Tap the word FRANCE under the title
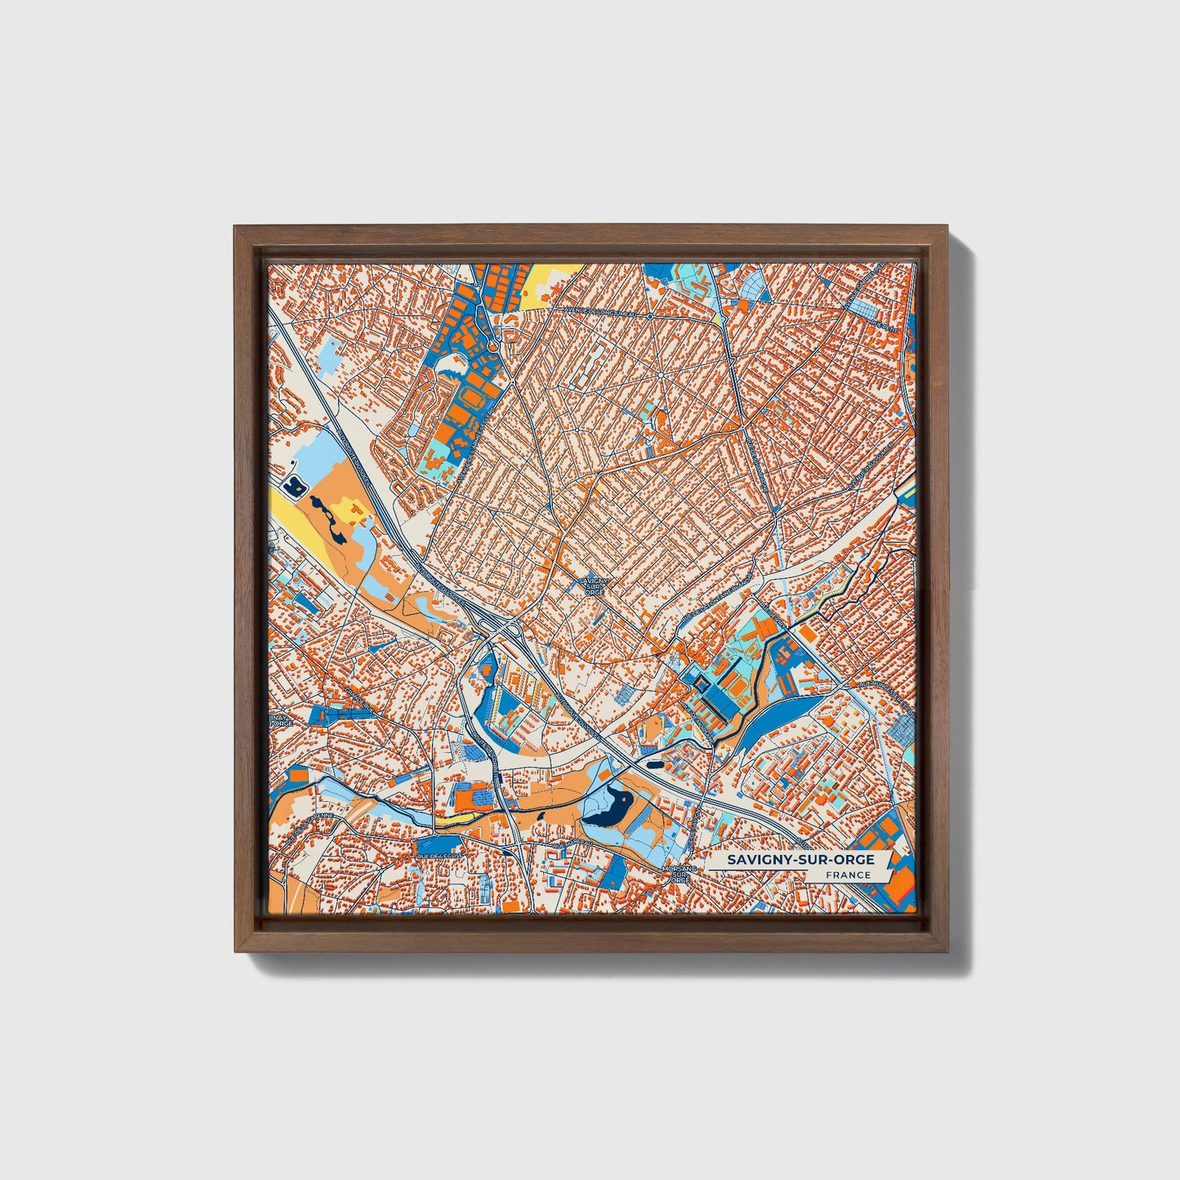(847, 875)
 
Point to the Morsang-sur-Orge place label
(677, 874)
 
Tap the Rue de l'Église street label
(439, 854)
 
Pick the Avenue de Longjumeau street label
(604, 311)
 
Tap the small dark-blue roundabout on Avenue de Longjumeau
(648, 315)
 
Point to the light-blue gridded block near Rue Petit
(862, 309)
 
